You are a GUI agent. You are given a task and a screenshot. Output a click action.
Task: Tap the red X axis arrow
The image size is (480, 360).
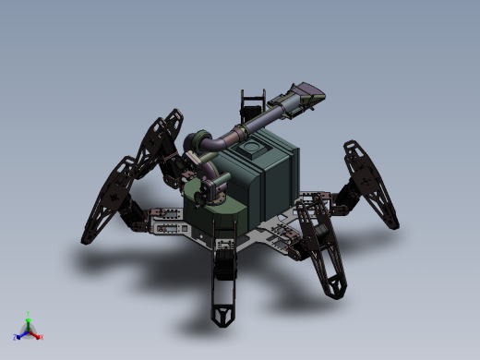[x=36, y=333]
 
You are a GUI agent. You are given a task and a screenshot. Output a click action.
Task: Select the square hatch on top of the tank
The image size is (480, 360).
[x=252, y=148]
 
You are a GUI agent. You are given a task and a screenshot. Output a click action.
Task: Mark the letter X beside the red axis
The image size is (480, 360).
[x=41, y=337]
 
